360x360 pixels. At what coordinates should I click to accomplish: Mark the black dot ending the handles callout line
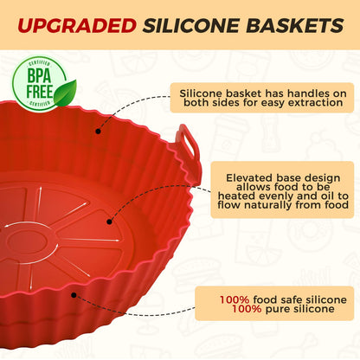pyautogui.click(x=98, y=132)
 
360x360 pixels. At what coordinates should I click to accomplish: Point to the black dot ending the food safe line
pyautogui.click(x=74, y=293)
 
